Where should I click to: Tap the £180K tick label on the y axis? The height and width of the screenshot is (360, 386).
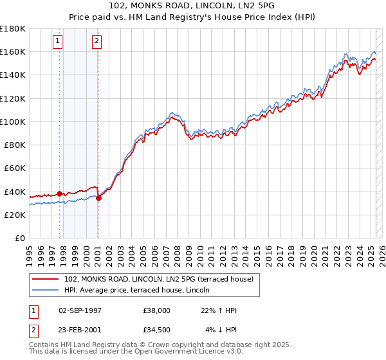[13, 28]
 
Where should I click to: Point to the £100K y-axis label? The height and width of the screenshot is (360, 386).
[13, 122]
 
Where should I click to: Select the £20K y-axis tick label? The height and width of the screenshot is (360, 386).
[14, 215]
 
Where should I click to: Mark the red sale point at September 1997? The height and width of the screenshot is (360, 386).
[60, 194]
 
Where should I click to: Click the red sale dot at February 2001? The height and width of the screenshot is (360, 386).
[98, 198]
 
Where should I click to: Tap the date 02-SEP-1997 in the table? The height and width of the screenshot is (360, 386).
[79, 310]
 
